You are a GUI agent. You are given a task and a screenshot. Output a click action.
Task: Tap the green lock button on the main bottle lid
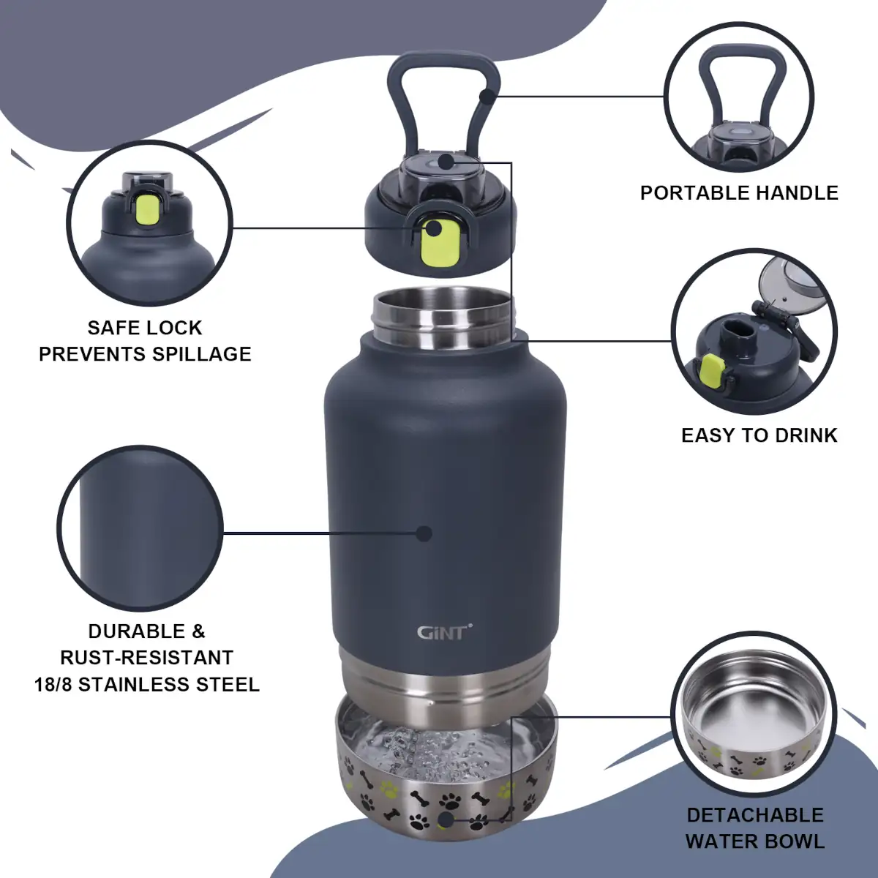coord(441,243)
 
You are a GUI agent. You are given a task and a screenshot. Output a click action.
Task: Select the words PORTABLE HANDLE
coord(739,193)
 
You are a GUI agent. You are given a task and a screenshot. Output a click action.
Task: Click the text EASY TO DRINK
coord(759,435)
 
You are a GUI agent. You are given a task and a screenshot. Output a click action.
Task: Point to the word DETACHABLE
coord(755,815)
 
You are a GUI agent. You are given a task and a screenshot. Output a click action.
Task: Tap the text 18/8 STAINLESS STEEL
coord(147,685)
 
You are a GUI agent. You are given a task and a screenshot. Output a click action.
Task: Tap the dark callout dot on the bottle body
coord(424,533)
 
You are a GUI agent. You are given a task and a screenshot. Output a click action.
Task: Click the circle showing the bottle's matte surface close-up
coord(139,528)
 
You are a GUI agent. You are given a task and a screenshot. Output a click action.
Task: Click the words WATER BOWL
coord(755,841)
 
